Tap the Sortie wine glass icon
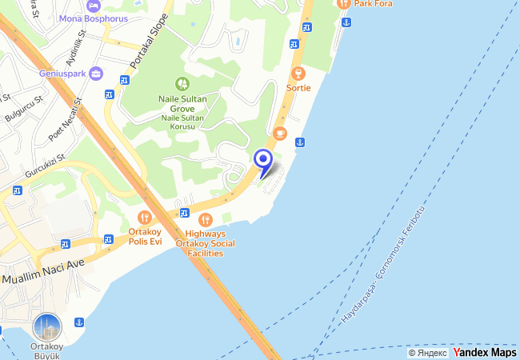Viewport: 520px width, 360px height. (298, 74)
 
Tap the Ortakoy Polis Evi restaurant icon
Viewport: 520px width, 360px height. (144, 216)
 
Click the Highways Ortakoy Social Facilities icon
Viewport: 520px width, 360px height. (206, 219)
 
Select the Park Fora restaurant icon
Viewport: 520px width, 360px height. (345, 3)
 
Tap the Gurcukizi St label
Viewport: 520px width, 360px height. (43, 166)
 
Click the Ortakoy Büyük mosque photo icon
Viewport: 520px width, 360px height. (47, 326)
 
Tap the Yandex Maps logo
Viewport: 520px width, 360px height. (485, 352)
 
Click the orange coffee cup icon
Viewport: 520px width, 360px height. (279, 133)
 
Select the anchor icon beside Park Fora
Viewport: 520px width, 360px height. (346, 21)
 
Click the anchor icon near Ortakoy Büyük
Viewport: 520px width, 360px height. (79, 322)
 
